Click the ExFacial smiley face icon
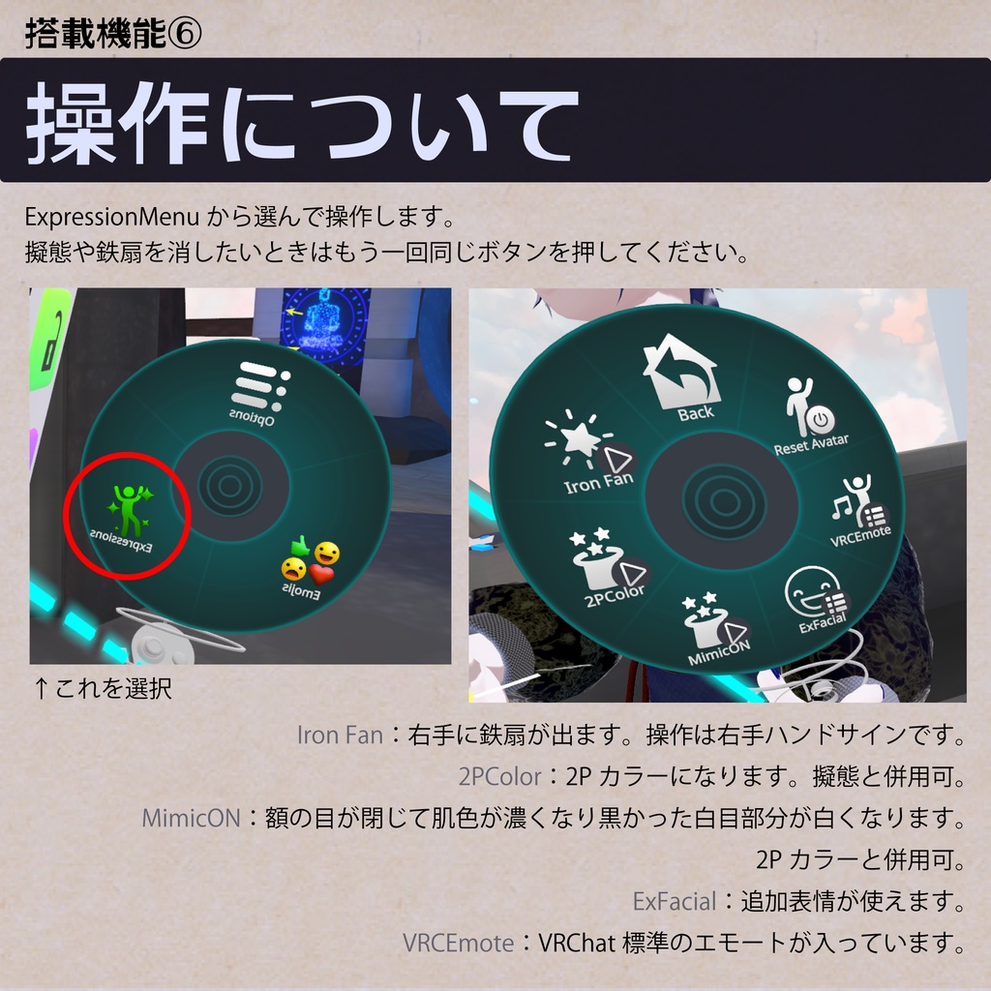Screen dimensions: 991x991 click(812, 591)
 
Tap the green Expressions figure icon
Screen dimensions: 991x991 click(128, 508)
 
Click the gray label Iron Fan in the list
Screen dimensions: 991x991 click(340, 736)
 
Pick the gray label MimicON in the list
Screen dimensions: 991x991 click(191, 819)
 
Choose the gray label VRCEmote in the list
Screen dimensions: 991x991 click(458, 943)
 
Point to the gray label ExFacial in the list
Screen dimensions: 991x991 click(674, 902)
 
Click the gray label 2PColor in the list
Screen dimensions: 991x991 click(498, 777)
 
